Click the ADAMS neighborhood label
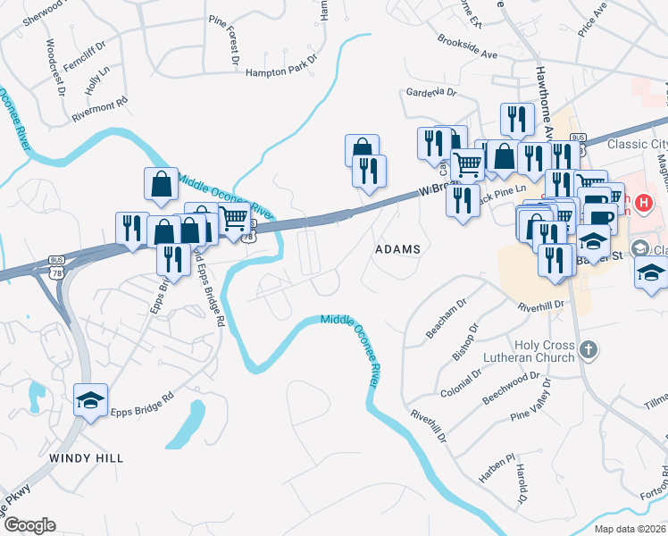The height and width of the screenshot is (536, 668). (x=397, y=249)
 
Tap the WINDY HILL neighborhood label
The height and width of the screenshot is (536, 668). (x=86, y=457)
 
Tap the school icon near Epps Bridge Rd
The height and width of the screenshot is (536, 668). (x=90, y=400)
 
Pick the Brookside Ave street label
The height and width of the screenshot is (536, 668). (x=467, y=47)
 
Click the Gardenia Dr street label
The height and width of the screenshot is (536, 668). (x=431, y=92)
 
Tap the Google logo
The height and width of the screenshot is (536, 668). (x=29, y=525)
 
